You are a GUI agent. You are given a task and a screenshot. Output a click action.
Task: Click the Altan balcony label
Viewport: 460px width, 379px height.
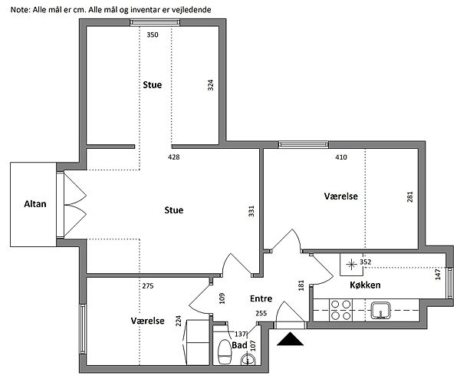point(35,204)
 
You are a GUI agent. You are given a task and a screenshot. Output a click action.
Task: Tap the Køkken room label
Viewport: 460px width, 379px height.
point(365,285)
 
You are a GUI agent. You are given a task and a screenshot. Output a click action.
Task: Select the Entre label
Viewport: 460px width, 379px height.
point(261,298)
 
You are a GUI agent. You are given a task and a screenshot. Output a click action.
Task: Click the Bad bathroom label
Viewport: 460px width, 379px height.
point(239,345)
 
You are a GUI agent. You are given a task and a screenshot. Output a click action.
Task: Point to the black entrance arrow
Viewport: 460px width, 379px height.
point(290,339)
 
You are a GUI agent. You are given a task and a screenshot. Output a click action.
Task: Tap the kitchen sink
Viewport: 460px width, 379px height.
point(380,310)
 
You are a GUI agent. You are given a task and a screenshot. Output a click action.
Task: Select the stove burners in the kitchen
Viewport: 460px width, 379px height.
point(341,310)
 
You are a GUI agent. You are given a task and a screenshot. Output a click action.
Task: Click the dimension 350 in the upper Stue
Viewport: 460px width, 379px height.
point(153,35)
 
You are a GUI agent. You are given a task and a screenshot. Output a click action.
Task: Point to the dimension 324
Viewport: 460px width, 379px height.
point(210,85)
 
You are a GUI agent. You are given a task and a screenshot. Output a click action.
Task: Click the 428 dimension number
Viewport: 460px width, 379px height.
point(174,157)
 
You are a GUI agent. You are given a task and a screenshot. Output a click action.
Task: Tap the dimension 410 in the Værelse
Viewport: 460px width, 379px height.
point(341,157)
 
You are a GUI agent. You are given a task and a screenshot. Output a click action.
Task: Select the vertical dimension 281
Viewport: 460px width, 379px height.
point(410,196)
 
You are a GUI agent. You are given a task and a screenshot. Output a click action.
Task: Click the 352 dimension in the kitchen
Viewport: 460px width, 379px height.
point(366,262)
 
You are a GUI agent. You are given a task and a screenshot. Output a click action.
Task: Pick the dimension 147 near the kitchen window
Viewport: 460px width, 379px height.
point(438,274)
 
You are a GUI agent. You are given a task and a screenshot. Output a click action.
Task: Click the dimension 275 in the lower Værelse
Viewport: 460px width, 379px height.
point(148,285)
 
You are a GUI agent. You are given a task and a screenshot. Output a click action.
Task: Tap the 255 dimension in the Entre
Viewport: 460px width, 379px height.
point(261,313)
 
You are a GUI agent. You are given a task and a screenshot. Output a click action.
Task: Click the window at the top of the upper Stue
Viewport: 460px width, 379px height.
point(155,22)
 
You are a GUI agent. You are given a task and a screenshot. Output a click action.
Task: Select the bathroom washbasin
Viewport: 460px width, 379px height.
point(248,359)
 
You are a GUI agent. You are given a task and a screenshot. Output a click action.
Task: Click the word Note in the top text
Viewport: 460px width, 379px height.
point(20,10)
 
